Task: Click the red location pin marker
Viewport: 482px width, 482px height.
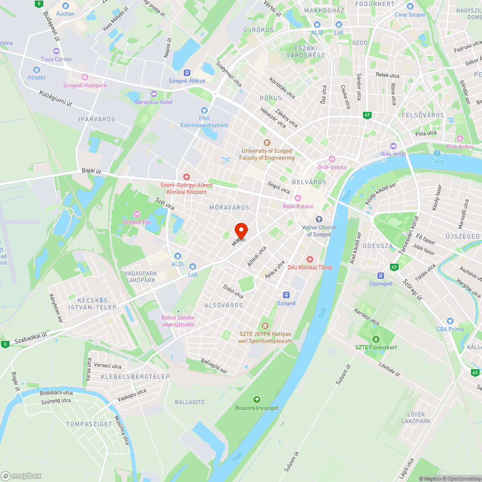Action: coord(241,231)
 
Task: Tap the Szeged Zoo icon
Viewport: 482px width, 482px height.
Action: coord(137,214)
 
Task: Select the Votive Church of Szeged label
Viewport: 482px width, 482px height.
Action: coord(319,230)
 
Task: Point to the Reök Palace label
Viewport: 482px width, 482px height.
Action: coord(298,206)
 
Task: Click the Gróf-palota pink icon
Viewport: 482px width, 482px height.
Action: coord(332,159)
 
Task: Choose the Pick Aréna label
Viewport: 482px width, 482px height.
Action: coord(460,146)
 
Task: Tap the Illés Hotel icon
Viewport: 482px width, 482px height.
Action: coord(393,146)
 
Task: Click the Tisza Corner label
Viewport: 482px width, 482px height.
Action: coord(56,59)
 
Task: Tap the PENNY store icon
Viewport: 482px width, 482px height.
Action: coord(37,69)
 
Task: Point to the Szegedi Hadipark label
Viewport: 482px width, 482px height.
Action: coord(85,85)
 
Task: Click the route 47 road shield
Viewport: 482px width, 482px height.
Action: coord(368,115)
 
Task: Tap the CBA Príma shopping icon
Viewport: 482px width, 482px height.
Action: coord(450,321)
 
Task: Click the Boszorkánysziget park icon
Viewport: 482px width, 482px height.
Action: coord(257,400)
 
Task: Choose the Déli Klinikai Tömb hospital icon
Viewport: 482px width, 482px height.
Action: coord(310,259)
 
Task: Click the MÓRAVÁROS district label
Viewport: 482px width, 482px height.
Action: coord(229,207)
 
